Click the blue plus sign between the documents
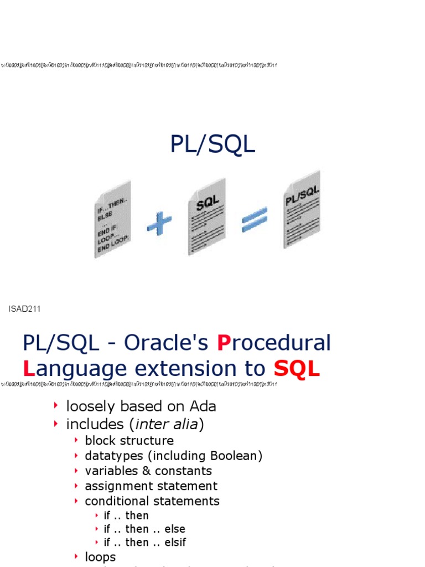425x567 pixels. point(159,224)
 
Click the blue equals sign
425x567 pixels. point(255,220)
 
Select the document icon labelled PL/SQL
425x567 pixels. point(302,209)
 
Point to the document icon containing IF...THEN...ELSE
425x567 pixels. point(113,219)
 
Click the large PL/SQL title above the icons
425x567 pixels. point(212,145)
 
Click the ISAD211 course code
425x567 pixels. point(24,308)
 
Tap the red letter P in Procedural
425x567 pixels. point(223,343)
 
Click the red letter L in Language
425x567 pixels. point(28,369)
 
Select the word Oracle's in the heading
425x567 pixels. point(166,343)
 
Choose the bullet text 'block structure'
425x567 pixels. point(129,441)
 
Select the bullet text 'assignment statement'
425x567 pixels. point(151,486)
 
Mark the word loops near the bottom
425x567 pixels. point(100,557)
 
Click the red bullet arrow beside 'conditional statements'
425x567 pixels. point(76,501)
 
